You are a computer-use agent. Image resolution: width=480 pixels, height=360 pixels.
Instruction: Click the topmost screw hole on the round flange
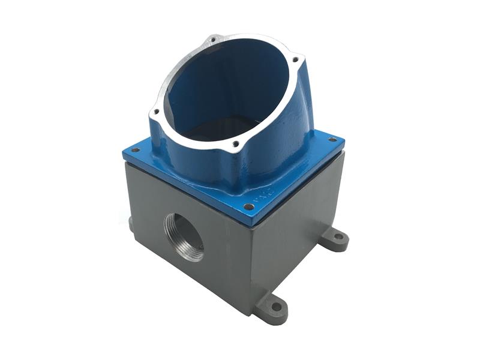coord(212,41)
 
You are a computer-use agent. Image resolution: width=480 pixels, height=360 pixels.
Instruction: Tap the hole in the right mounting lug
coord(338,237)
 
